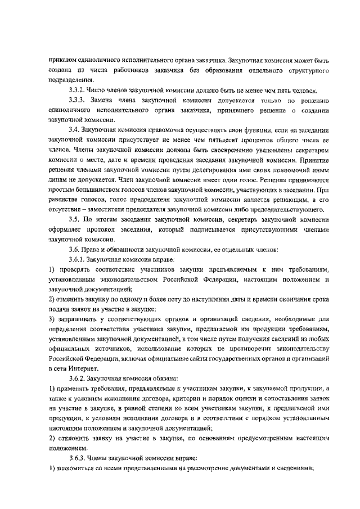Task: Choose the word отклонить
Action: pos(71,438)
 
